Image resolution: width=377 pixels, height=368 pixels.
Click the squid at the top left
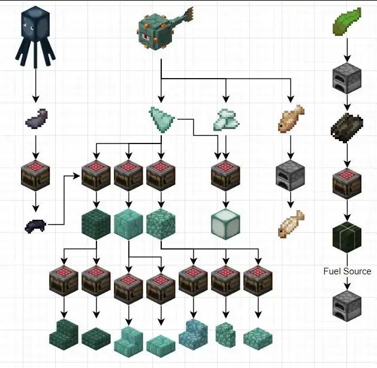tap(35, 36)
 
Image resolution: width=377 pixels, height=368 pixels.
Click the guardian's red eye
tap(146, 37)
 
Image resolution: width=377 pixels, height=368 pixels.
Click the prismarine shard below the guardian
tap(162, 119)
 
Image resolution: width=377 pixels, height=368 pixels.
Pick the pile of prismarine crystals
tap(226, 120)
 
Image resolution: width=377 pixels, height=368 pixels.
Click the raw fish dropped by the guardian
tap(291, 118)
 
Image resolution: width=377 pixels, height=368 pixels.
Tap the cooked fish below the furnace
tap(291, 224)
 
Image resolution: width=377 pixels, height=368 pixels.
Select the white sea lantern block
tap(225, 224)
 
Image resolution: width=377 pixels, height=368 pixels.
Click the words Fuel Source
tap(347, 271)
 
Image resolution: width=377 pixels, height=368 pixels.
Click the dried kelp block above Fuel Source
tap(347, 237)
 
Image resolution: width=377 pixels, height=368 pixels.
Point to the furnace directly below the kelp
tap(347, 79)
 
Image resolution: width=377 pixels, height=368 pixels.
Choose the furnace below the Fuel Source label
tap(347, 306)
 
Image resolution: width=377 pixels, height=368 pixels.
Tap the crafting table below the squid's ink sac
tap(35, 175)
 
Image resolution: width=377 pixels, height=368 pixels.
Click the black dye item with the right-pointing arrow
tap(35, 226)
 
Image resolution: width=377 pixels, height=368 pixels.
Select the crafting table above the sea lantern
tap(225, 175)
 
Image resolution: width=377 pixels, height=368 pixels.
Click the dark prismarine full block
tap(96, 224)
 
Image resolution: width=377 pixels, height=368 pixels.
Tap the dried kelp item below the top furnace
tap(347, 128)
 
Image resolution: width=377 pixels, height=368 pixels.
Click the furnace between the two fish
tap(291, 175)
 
